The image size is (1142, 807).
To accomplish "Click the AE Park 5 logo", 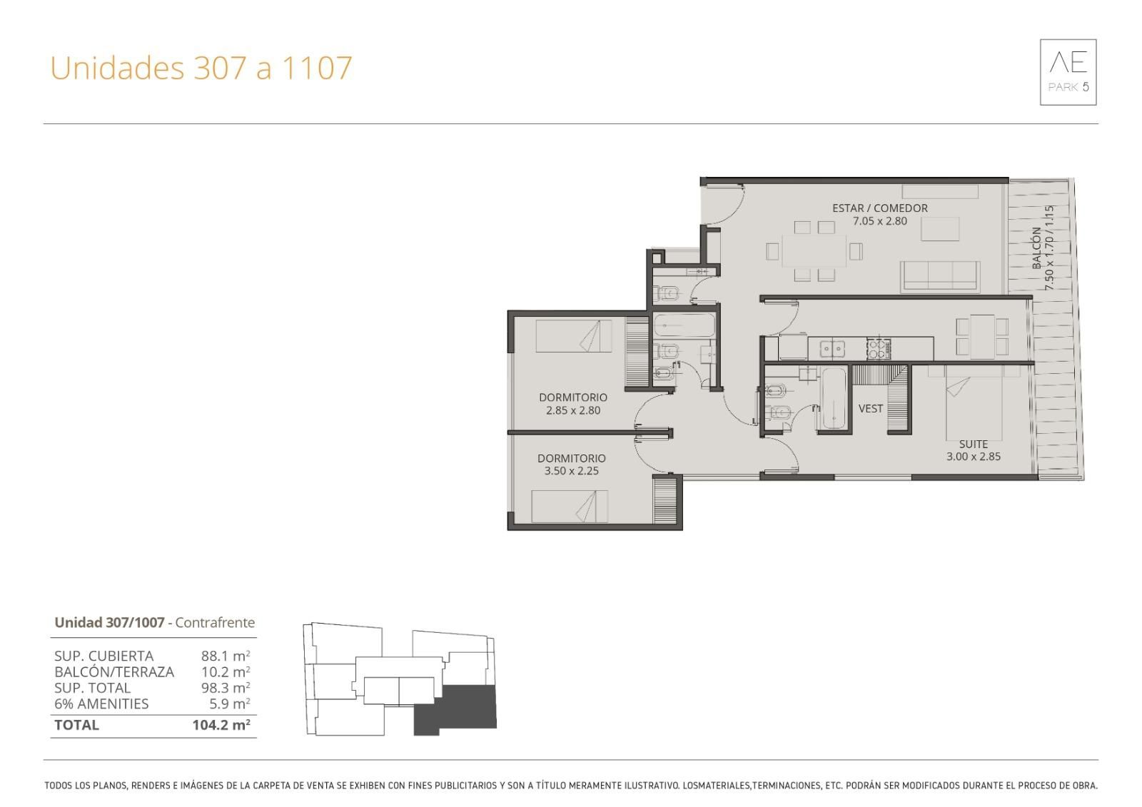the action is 1068,72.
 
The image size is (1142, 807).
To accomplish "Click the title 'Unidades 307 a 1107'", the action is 201,68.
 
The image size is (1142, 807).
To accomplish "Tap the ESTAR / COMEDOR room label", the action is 880,208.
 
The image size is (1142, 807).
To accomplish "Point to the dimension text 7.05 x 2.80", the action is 880,221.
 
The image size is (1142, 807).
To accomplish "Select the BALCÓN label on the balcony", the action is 1036,248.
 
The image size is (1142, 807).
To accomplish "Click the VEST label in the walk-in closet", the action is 870,409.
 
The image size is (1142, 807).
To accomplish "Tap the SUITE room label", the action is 974,444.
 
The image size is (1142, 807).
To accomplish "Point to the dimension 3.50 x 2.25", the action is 572,471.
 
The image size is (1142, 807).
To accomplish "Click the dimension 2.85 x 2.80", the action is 573,410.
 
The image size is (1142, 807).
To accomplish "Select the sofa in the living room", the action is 940,277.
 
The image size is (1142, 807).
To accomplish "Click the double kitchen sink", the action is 832,349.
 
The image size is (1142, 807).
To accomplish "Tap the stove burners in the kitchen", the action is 879,349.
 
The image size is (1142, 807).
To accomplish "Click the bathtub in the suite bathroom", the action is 834,399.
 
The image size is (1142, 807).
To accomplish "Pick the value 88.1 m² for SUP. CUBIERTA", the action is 226,656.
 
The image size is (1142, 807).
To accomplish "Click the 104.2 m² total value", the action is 221,724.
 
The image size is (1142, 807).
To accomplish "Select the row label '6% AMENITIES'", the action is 101,704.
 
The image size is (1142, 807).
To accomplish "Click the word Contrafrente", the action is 215,622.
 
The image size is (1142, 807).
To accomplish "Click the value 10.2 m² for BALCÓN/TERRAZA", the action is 226,672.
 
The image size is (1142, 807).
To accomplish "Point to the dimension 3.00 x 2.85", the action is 974,457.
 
